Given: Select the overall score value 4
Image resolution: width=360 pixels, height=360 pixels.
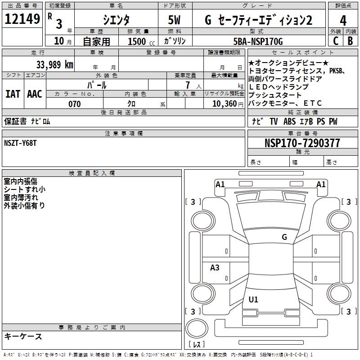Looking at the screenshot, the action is pyautogui.click(x=343, y=21).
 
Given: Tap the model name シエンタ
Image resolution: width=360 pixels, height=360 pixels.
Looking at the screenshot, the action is pyautogui.click(x=116, y=20).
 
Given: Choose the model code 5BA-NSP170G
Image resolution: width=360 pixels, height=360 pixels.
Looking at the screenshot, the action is pyautogui.click(x=258, y=41).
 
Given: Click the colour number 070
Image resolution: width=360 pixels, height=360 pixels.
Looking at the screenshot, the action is pyautogui.click(x=74, y=104).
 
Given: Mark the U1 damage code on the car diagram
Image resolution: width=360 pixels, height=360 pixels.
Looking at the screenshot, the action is pyautogui.click(x=253, y=299).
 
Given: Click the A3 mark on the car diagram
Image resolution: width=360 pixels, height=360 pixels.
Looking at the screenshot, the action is pyautogui.click(x=215, y=268).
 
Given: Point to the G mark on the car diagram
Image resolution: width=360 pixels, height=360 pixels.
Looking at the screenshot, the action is pyautogui.click(x=284, y=237).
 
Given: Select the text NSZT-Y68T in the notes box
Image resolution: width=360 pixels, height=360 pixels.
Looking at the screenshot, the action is pyautogui.click(x=20, y=144).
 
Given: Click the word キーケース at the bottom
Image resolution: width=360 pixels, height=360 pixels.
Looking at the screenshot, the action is pyautogui.click(x=23, y=336).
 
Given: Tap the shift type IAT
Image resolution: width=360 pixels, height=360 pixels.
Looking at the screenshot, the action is pyautogui.click(x=13, y=94).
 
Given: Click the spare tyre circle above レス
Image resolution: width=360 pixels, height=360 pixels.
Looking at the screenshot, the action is pyautogui.click(x=196, y=329).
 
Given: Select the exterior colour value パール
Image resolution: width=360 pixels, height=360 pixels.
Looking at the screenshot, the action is pyautogui.click(x=97, y=85).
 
